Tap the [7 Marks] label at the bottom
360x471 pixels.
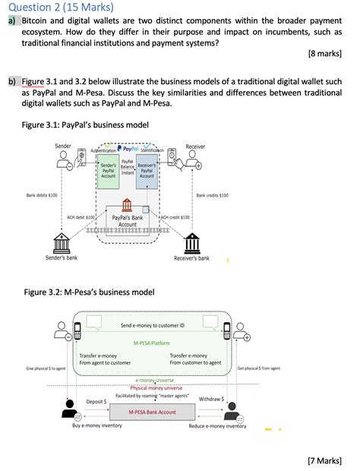point(329,460)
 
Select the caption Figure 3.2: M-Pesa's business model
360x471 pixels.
point(89,292)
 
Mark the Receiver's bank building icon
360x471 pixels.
point(191,242)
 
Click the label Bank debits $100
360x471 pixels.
point(42,195)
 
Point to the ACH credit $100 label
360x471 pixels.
point(175,217)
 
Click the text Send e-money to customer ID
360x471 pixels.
point(153,325)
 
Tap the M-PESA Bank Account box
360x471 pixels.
point(150,412)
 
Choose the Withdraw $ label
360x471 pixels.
point(210,399)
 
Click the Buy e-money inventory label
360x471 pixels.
point(97,426)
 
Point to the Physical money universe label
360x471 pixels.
point(150,387)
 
